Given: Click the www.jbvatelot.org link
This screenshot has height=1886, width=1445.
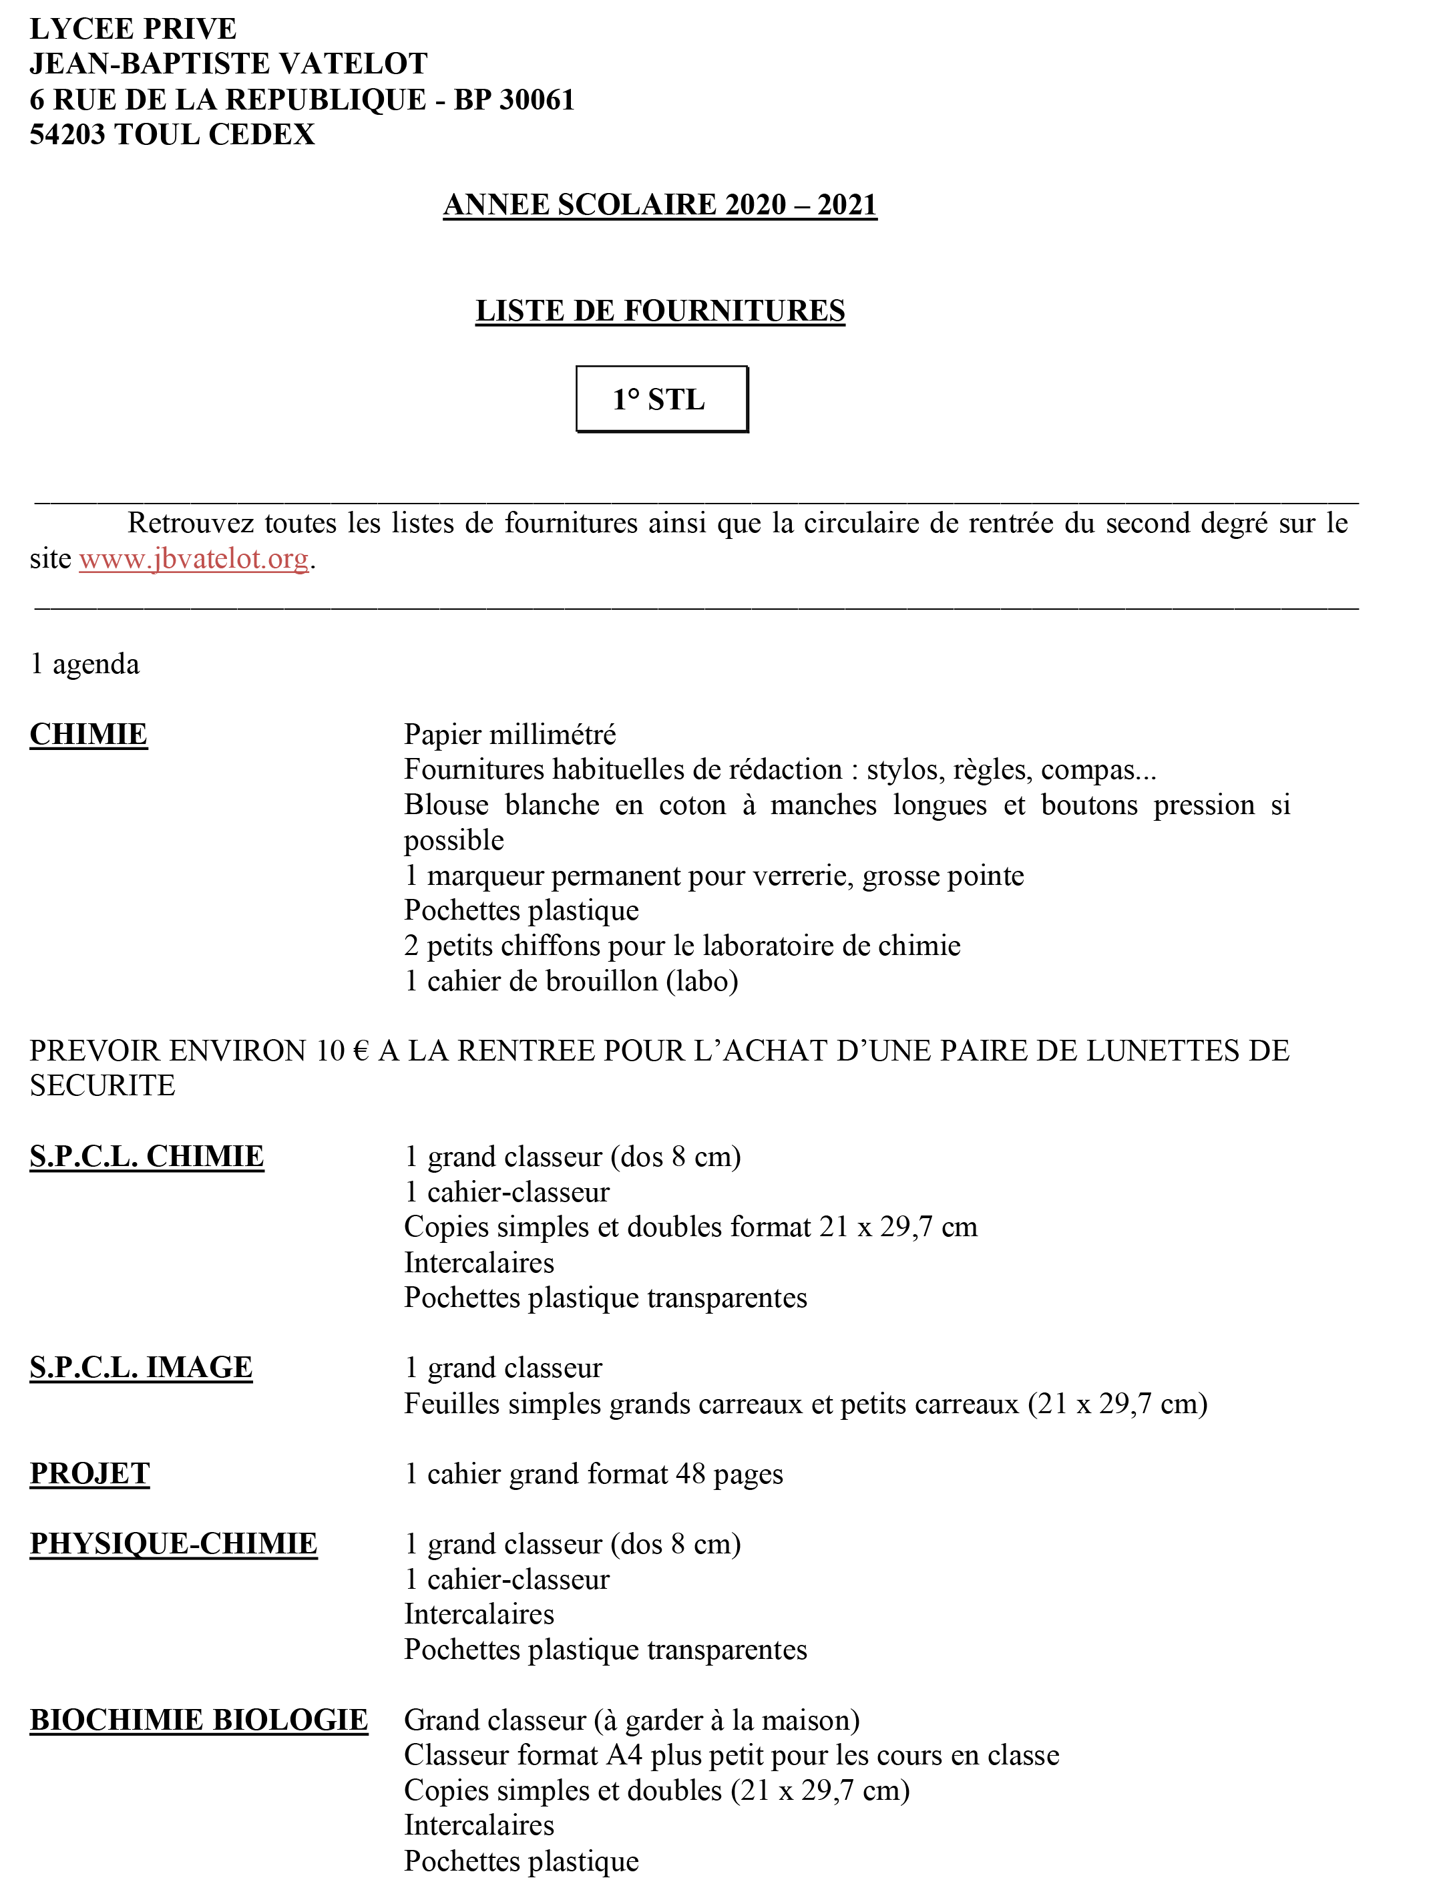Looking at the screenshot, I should (194, 559).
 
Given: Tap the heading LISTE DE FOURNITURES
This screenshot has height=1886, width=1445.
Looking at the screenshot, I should (660, 311).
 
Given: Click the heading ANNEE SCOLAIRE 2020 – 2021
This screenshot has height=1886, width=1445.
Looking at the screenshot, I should (660, 204).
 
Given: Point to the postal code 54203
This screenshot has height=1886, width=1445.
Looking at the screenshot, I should (67, 135).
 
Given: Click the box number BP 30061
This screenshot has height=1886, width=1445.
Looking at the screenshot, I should (513, 100).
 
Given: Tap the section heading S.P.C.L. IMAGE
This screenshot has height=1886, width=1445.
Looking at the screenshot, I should (141, 1367).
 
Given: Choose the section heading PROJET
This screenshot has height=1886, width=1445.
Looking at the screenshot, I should (89, 1473).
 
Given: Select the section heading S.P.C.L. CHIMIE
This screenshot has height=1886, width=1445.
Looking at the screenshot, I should (146, 1157).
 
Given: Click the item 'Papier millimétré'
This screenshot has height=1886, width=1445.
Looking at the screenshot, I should (510, 735).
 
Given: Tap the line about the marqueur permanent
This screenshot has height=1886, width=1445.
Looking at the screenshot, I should (714, 876).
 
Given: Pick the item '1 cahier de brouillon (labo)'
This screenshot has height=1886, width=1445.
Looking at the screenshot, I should (571, 981).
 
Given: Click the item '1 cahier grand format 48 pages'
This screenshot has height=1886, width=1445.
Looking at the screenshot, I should (594, 1474).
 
